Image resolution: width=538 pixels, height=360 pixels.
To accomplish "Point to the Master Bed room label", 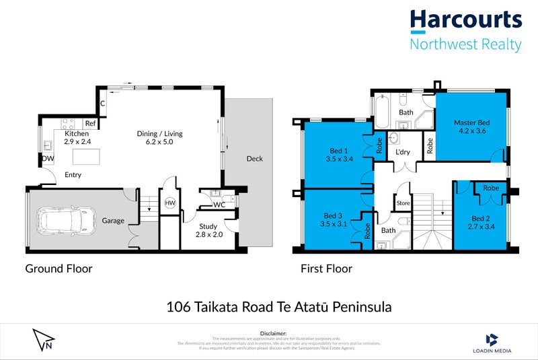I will [x=471, y=122].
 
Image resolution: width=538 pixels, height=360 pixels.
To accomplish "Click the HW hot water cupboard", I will [x=170, y=203].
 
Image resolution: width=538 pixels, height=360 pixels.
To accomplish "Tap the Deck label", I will [x=254, y=159].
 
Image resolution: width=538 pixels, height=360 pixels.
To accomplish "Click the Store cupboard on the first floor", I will [x=403, y=203].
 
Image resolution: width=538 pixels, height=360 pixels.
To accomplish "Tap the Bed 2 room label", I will [x=480, y=219].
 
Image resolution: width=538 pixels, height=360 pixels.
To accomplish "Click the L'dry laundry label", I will [x=403, y=153].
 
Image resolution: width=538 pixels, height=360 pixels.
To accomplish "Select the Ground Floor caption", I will [x=59, y=268].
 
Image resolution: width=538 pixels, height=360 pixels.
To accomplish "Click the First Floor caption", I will [x=325, y=268].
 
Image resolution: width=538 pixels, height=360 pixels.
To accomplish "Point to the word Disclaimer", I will [x=272, y=333].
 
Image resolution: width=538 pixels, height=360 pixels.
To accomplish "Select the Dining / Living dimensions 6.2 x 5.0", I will [x=160, y=143].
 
